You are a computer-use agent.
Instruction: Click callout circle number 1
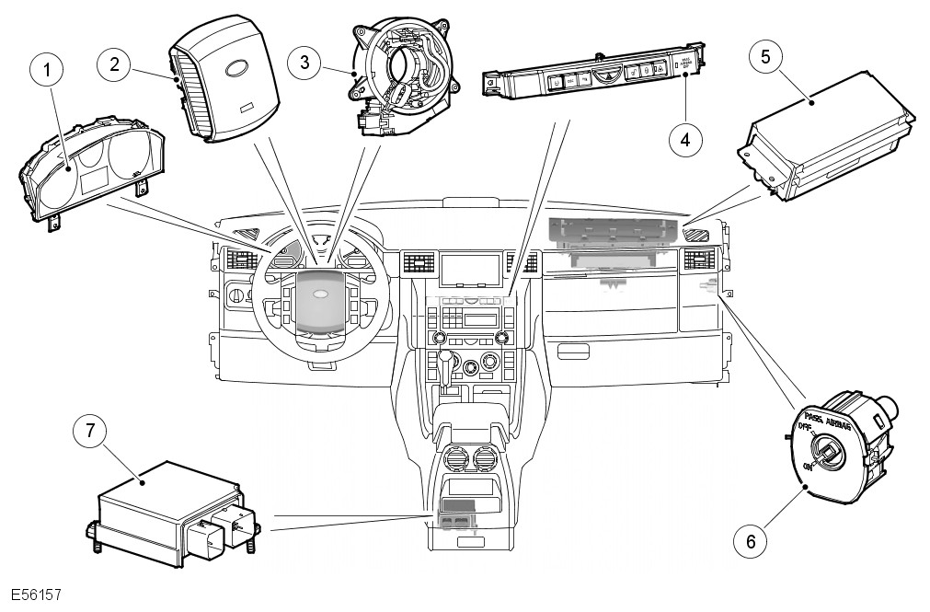coord(44,70)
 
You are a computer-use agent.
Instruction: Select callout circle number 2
coord(113,64)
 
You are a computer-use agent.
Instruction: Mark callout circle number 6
coord(750,541)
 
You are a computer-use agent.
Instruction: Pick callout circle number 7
coord(90,431)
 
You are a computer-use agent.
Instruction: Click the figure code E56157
coord(37,595)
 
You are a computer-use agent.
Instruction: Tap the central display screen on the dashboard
coord(470,271)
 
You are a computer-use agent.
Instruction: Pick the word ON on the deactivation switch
coord(809,467)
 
